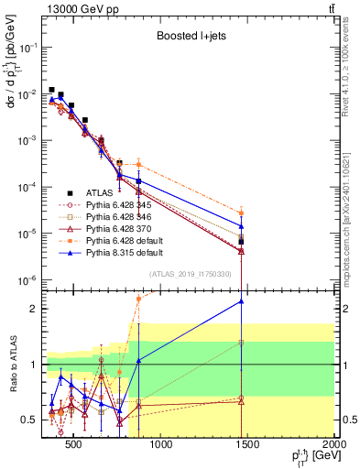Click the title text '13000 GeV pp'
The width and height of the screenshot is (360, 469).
pos(73,7)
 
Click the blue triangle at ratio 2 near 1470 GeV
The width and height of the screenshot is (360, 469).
pos(241,300)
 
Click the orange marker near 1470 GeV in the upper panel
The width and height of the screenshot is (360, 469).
pos(241,213)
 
